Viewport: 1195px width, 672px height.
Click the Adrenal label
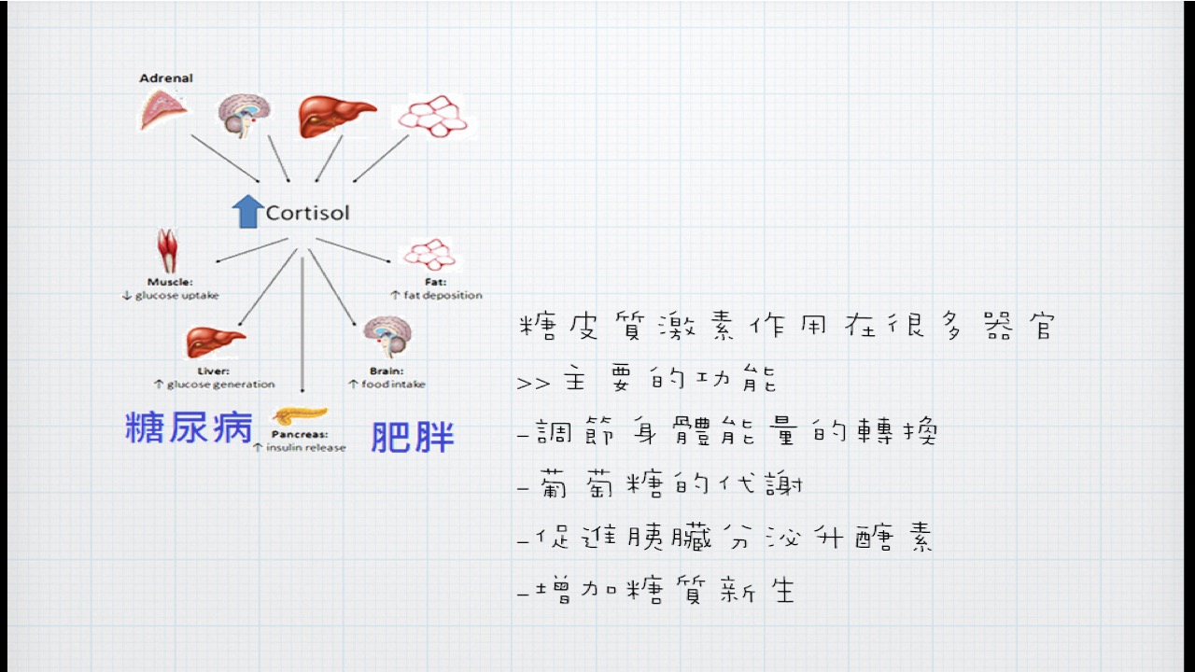click(166, 77)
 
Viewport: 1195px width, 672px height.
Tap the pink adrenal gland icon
click(162, 110)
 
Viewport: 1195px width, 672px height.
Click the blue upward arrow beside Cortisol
click(248, 212)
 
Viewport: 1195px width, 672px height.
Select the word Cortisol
click(308, 213)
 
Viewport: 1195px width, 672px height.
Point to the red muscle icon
click(167, 250)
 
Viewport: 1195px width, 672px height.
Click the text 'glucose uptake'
click(176, 295)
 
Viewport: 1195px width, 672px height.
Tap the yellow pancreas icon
click(300, 415)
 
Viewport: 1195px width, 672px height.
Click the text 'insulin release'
click(305, 447)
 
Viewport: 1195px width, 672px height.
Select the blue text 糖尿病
click(189, 427)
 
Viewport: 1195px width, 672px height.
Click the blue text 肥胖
click(413, 437)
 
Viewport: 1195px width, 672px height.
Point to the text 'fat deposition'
click(443, 295)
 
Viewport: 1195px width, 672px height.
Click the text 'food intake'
click(393, 384)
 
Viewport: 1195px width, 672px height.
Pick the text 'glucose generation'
click(221, 384)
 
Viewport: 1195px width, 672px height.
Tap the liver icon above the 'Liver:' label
click(216, 342)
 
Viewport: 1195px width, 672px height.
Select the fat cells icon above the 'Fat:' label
click(430, 255)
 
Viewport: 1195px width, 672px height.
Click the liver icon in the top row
click(337, 117)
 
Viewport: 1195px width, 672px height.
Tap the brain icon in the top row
click(245, 116)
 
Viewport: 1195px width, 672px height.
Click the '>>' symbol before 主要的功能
click(533, 384)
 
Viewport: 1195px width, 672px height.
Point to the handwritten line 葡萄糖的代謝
click(670, 484)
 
